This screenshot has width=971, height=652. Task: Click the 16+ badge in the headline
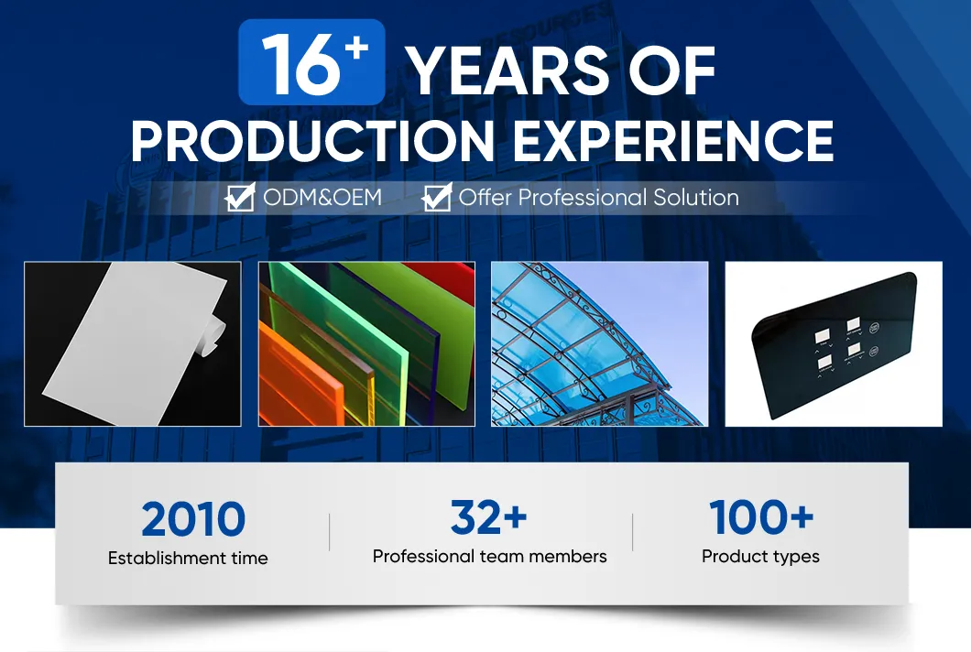coord(311,62)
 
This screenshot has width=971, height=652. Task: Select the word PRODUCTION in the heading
coord(312,141)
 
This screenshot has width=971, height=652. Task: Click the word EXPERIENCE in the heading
coord(673,140)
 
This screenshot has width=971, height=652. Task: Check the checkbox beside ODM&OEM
coord(240,198)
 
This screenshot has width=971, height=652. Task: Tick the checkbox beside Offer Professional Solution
coord(437,198)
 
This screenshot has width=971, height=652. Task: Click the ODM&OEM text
coord(322,198)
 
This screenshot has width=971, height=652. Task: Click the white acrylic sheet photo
coord(133,343)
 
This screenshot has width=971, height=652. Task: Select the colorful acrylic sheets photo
coord(366,343)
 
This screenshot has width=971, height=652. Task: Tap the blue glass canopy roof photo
coord(599,343)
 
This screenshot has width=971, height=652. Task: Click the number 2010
coord(193,519)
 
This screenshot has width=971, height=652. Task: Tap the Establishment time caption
coord(188,558)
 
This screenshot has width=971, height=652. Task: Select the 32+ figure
coord(488,517)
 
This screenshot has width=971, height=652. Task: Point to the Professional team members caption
coord(490,557)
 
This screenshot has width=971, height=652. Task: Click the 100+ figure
coord(761,517)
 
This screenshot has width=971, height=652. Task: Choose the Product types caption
coord(760,557)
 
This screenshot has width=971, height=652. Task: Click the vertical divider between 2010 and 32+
coord(330,532)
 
